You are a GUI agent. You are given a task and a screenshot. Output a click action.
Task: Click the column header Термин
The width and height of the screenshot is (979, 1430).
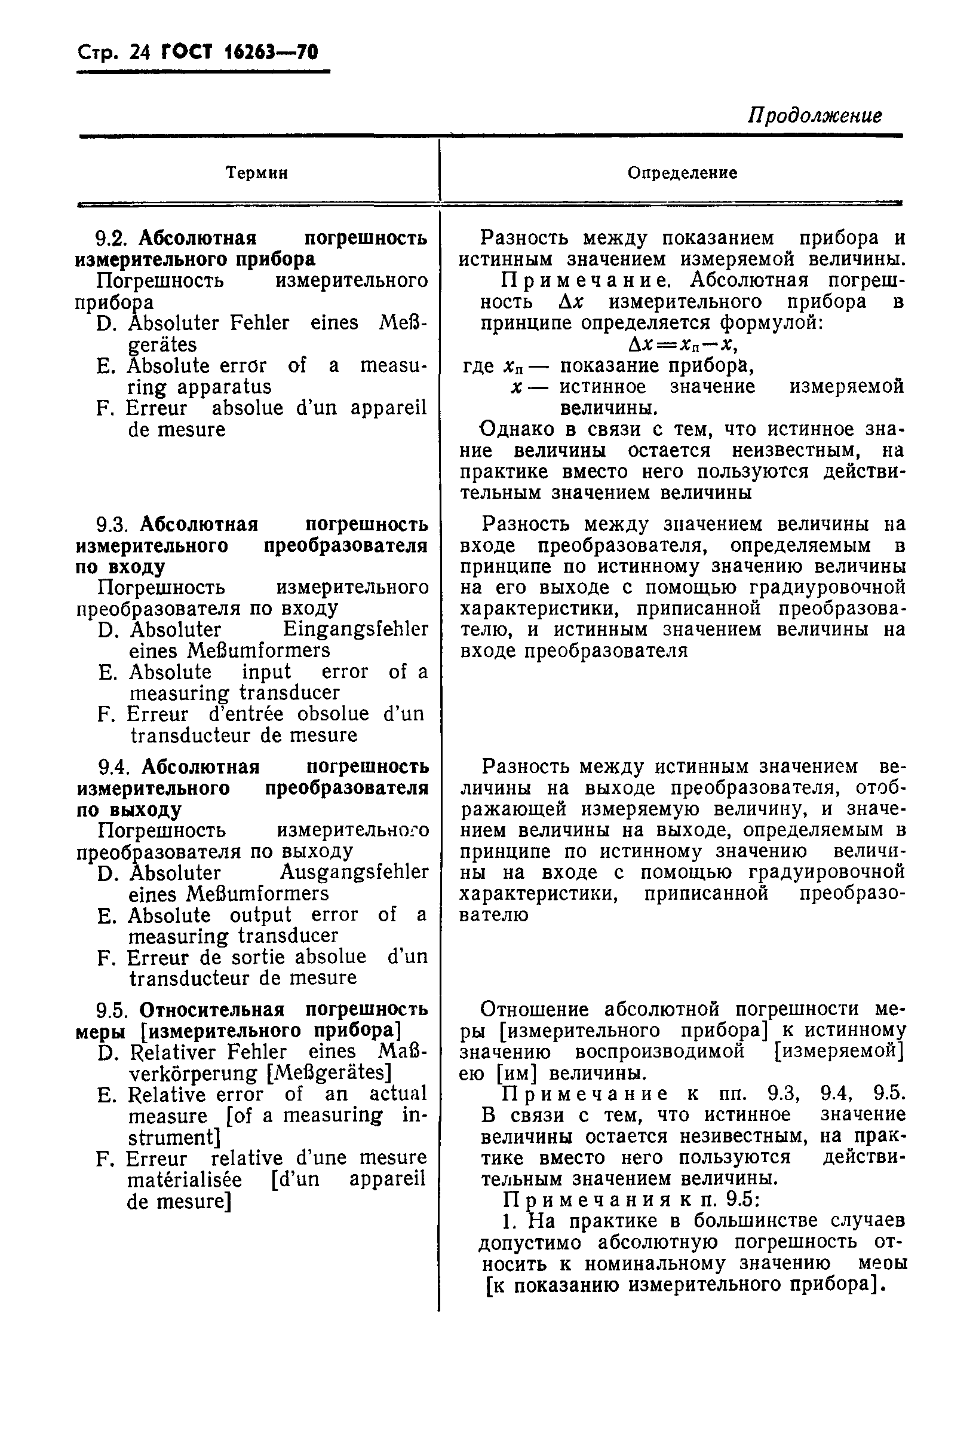pos(257,173)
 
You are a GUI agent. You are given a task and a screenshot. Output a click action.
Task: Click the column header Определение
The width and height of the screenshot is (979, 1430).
pos(682,173)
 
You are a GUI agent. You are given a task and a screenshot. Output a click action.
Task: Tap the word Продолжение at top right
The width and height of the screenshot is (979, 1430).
pos(815,116)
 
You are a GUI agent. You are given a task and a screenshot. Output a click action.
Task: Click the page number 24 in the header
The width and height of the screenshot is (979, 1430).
pos(140,53)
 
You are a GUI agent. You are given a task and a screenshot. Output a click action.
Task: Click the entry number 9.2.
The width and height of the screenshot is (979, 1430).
pos(114,237)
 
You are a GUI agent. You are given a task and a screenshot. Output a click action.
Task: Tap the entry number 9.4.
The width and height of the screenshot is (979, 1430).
pos(116,767)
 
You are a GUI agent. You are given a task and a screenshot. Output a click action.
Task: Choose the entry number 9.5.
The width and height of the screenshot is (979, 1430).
pos(114,1010)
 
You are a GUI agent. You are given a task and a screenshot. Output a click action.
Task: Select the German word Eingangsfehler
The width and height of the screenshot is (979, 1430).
pos(355,630)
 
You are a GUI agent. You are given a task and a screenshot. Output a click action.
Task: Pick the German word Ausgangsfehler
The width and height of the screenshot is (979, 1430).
pos(354,872)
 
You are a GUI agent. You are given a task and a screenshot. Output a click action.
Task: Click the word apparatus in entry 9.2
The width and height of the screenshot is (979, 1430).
pos(224,387)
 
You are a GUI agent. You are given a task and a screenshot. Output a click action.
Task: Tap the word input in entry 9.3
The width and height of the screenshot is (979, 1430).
pos(266,672)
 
